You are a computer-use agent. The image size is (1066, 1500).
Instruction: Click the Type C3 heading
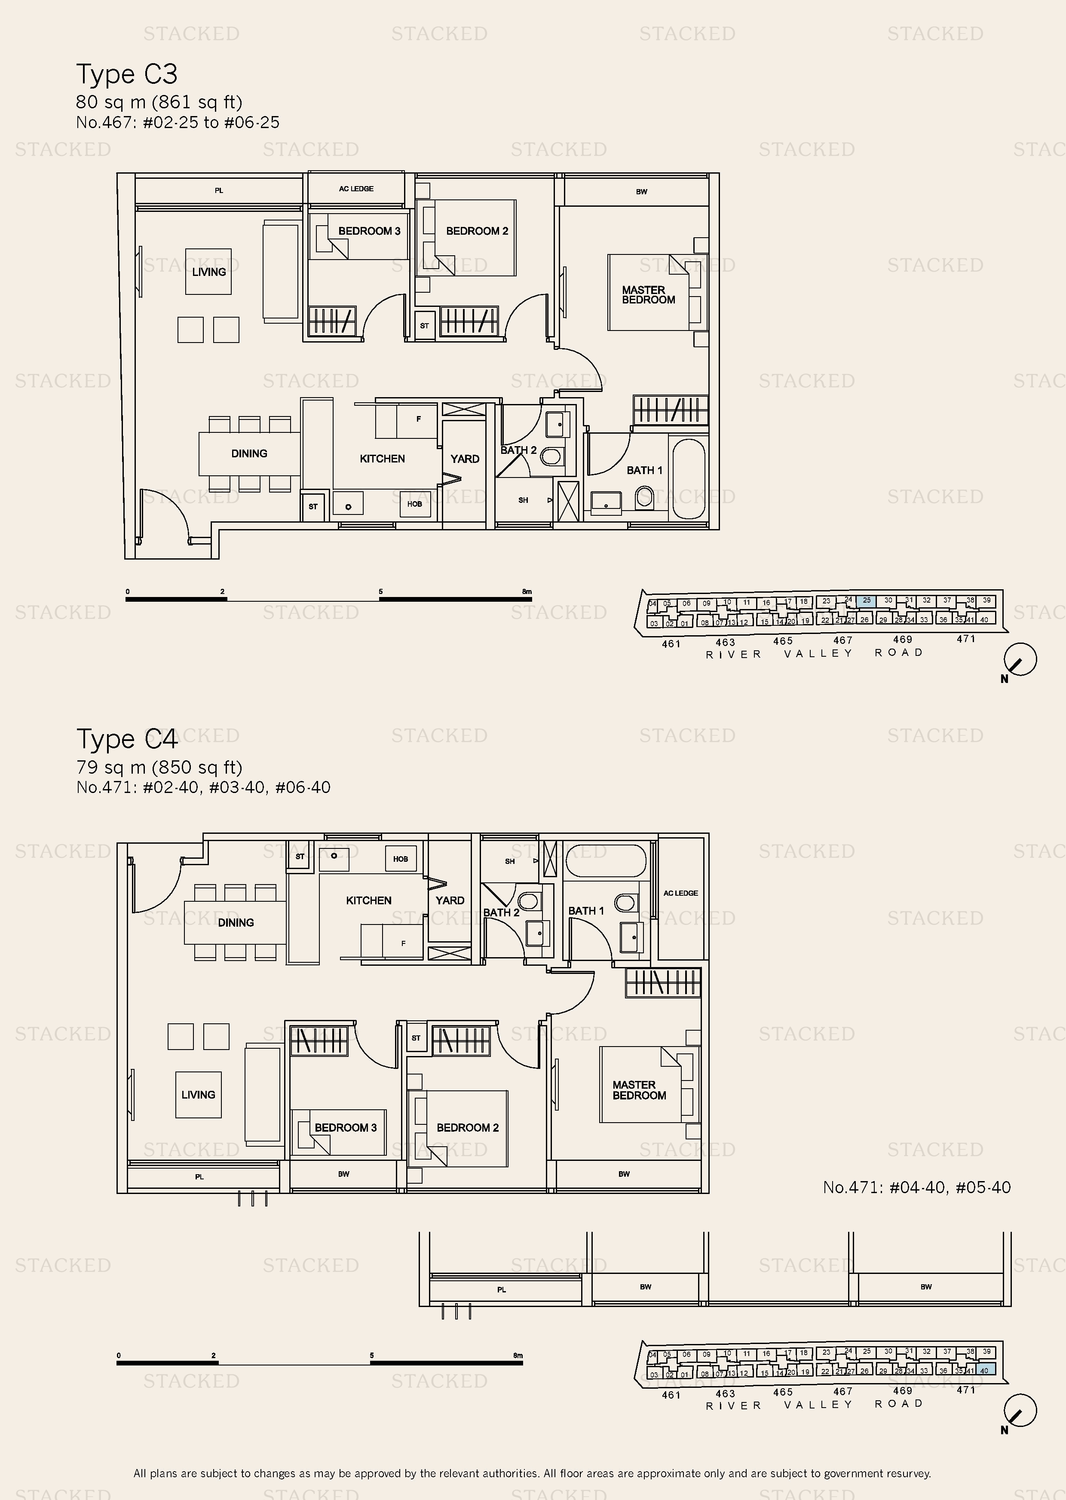tap(127, 74)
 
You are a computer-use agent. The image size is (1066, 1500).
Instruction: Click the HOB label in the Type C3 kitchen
tap(414, 504)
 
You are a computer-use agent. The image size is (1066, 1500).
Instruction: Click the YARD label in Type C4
tap(450, 900)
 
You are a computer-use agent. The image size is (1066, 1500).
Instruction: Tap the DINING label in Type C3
tap(249, 453)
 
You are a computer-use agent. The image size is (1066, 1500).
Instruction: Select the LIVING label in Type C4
tap(198, 1095)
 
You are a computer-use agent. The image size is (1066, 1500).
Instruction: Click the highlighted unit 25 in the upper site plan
tap(867, 600)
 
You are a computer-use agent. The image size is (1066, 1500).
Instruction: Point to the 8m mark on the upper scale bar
tap(527, 592)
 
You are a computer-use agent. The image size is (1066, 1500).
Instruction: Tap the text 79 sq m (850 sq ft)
tap(159, 767)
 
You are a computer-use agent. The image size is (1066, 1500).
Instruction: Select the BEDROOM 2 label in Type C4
tap(467, 1127)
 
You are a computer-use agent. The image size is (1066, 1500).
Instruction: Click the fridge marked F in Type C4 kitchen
tap(402, 943)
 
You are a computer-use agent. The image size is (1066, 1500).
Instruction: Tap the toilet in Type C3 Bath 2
tap(551, 456)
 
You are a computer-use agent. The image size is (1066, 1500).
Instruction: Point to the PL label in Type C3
tap(219, 191)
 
